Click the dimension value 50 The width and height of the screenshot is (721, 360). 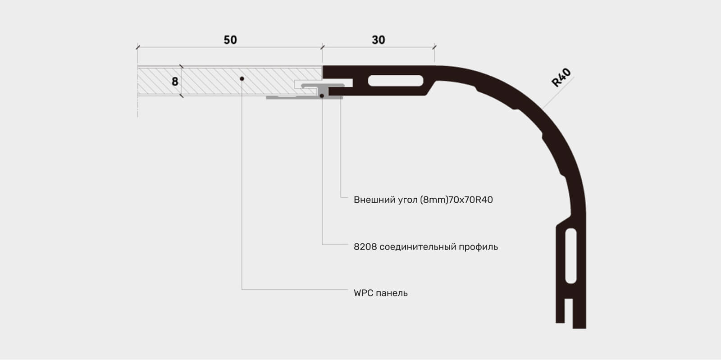click(x=230, y=40)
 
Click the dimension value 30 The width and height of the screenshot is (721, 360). click(x=378, y=40)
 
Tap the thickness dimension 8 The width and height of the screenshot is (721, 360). click(x=175, y=82)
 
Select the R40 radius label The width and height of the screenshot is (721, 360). click(x=561, y=77)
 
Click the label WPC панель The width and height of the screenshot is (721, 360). click(x=380, y=293)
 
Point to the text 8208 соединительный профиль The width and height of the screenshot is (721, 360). click(x=425, y=247)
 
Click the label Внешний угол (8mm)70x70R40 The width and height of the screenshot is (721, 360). click(x=423, y=200)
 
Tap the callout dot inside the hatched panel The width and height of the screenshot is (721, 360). click(x=242, y=79)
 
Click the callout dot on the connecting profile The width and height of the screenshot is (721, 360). click(x=322, y=96)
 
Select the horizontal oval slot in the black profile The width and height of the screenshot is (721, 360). click(x=396, y=81)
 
